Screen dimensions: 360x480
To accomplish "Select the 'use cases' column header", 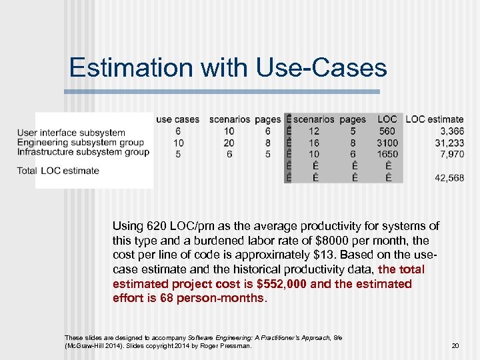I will tap(177, 119).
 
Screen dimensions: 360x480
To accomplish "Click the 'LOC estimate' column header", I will tap(434, 119).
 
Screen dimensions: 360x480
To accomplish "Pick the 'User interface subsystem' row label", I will tap(71, 133).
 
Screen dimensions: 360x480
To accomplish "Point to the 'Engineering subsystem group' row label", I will tap(80, 142).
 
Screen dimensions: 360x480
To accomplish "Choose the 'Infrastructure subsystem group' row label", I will tap(83, 151).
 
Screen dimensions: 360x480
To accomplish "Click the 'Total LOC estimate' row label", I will tap(58, 171).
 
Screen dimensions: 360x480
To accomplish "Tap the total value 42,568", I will tap(449, 178).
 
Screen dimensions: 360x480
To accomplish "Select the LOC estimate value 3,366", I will tap(451, 131).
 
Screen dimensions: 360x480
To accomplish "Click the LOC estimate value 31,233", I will tap(449, 143).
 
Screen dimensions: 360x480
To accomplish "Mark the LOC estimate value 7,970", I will tap(451, 154).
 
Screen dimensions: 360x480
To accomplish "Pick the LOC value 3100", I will tap(387, 143).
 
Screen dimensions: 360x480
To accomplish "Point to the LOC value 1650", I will tap(387, 154).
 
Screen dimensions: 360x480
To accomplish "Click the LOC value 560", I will tap(387, 131).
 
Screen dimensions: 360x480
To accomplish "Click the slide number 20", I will tap(455, 345).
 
